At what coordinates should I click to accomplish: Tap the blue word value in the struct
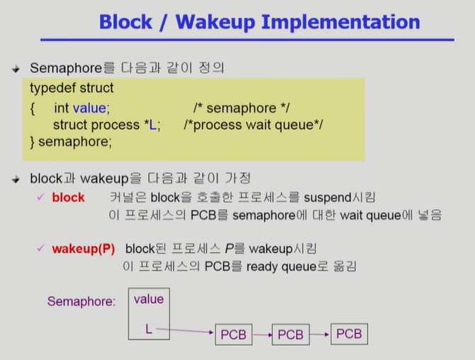[91, 108]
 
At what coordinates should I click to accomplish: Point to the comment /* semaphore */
[242, 108]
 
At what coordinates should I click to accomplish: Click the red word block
[68, 197]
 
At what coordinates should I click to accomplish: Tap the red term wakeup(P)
[83, 249]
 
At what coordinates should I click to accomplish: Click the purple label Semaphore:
[81, 301]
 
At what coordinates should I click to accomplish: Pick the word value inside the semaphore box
[149, 299]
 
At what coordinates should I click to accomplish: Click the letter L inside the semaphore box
[149, 329]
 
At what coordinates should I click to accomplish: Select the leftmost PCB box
[233, 334]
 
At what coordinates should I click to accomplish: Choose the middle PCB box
[291, 334]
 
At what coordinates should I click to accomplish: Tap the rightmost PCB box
[348, 333]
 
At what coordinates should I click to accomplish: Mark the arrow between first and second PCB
[262, 334]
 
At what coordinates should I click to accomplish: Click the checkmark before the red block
[41, 197]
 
